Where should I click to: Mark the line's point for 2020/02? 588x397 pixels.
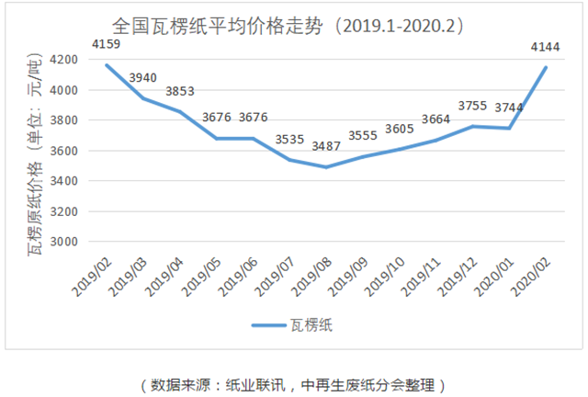coord(546,67)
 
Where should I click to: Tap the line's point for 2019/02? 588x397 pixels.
coord(107,65)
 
